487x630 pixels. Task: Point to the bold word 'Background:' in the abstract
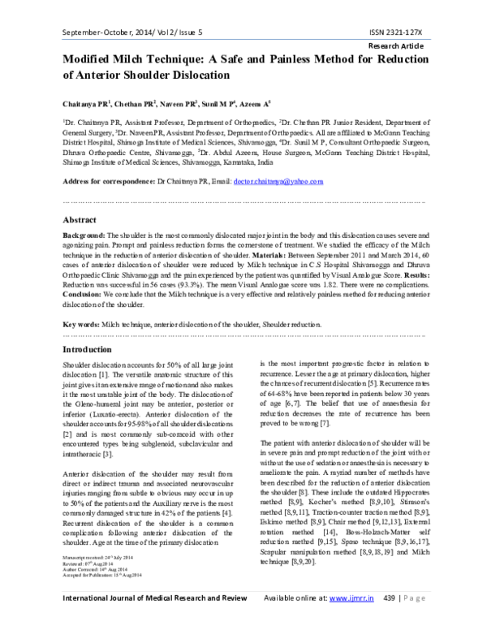click(84, 234)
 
